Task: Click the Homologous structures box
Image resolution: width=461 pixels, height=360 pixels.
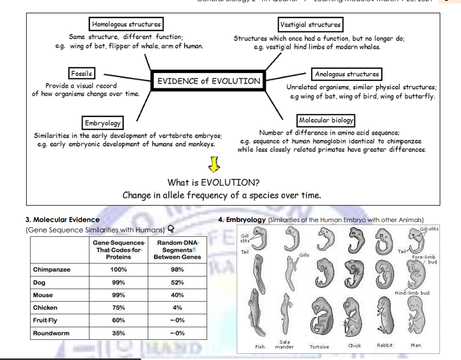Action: click(126, 24)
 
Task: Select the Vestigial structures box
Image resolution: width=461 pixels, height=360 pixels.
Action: click(310, 25)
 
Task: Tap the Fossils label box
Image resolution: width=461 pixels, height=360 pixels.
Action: click(81, 74)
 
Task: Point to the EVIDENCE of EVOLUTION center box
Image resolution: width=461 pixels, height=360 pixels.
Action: click(209, 81)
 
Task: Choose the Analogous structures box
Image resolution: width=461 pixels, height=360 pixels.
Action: click(347, 74)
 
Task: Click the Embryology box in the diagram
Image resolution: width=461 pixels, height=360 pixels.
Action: click(103, 123)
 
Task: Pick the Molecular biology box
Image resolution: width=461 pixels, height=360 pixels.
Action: click(326, 120)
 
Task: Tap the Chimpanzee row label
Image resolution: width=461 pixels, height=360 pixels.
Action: click(52, 270)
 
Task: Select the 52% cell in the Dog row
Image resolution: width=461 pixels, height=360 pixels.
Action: click(177, 283)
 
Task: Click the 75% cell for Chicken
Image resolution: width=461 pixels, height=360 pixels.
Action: click(118, 308)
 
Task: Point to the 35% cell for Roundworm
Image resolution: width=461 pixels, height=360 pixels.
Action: click(118, 333)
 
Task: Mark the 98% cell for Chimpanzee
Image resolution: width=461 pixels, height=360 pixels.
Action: click(177, 270)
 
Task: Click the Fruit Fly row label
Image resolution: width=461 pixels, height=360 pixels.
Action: click(45, 320)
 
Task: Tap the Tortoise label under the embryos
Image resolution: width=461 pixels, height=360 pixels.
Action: click(319, 347)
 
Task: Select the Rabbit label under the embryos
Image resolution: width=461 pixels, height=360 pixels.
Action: click(385, 345)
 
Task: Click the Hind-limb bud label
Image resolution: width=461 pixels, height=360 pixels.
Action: click(412, 293)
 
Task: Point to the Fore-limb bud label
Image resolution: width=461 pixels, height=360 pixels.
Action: click(424, 259)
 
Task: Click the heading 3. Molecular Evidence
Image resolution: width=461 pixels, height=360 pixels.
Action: click(63, 220)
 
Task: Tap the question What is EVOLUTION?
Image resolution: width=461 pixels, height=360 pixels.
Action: click(213, 183)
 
